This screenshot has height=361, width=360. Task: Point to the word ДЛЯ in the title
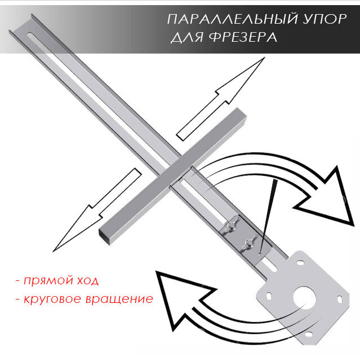pyautogui.click(x=185, y=38)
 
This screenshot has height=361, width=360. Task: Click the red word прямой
pyautogui.click(x=45, y=280)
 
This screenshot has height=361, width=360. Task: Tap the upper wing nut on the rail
pyautogui.click(x=229, y=228)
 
